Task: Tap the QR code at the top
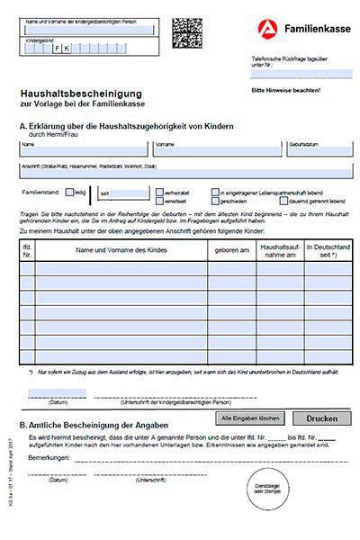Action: [x=188, y=32]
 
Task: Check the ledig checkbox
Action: [x=70, y=193]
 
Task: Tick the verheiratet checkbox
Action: [x=160, y=192]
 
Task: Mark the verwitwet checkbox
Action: [x=160, y=202]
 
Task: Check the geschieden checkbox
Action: [x=216, y=202]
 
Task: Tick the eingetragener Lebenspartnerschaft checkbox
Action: [x=216, y=192]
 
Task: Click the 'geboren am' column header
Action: [x=232, y=249]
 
